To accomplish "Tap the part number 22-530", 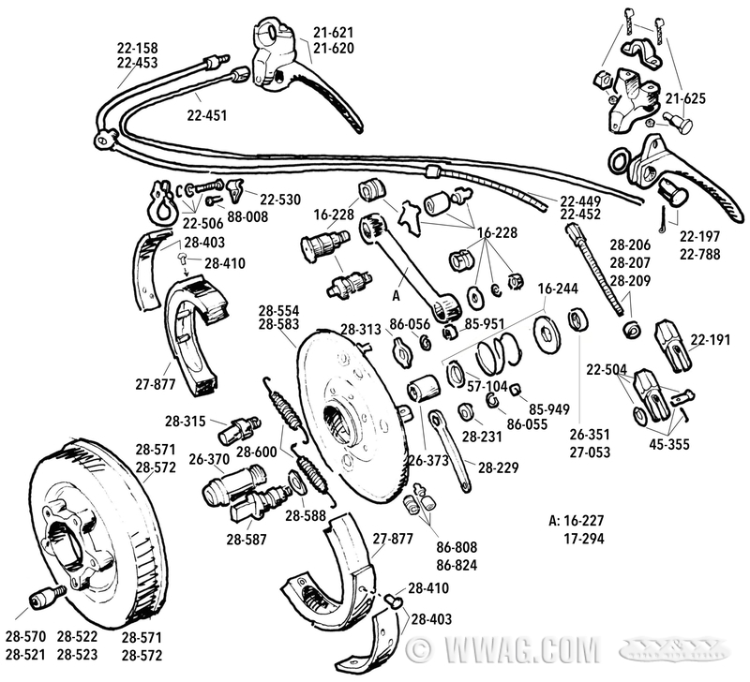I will point(282,199).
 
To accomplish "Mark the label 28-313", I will point(360,329).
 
